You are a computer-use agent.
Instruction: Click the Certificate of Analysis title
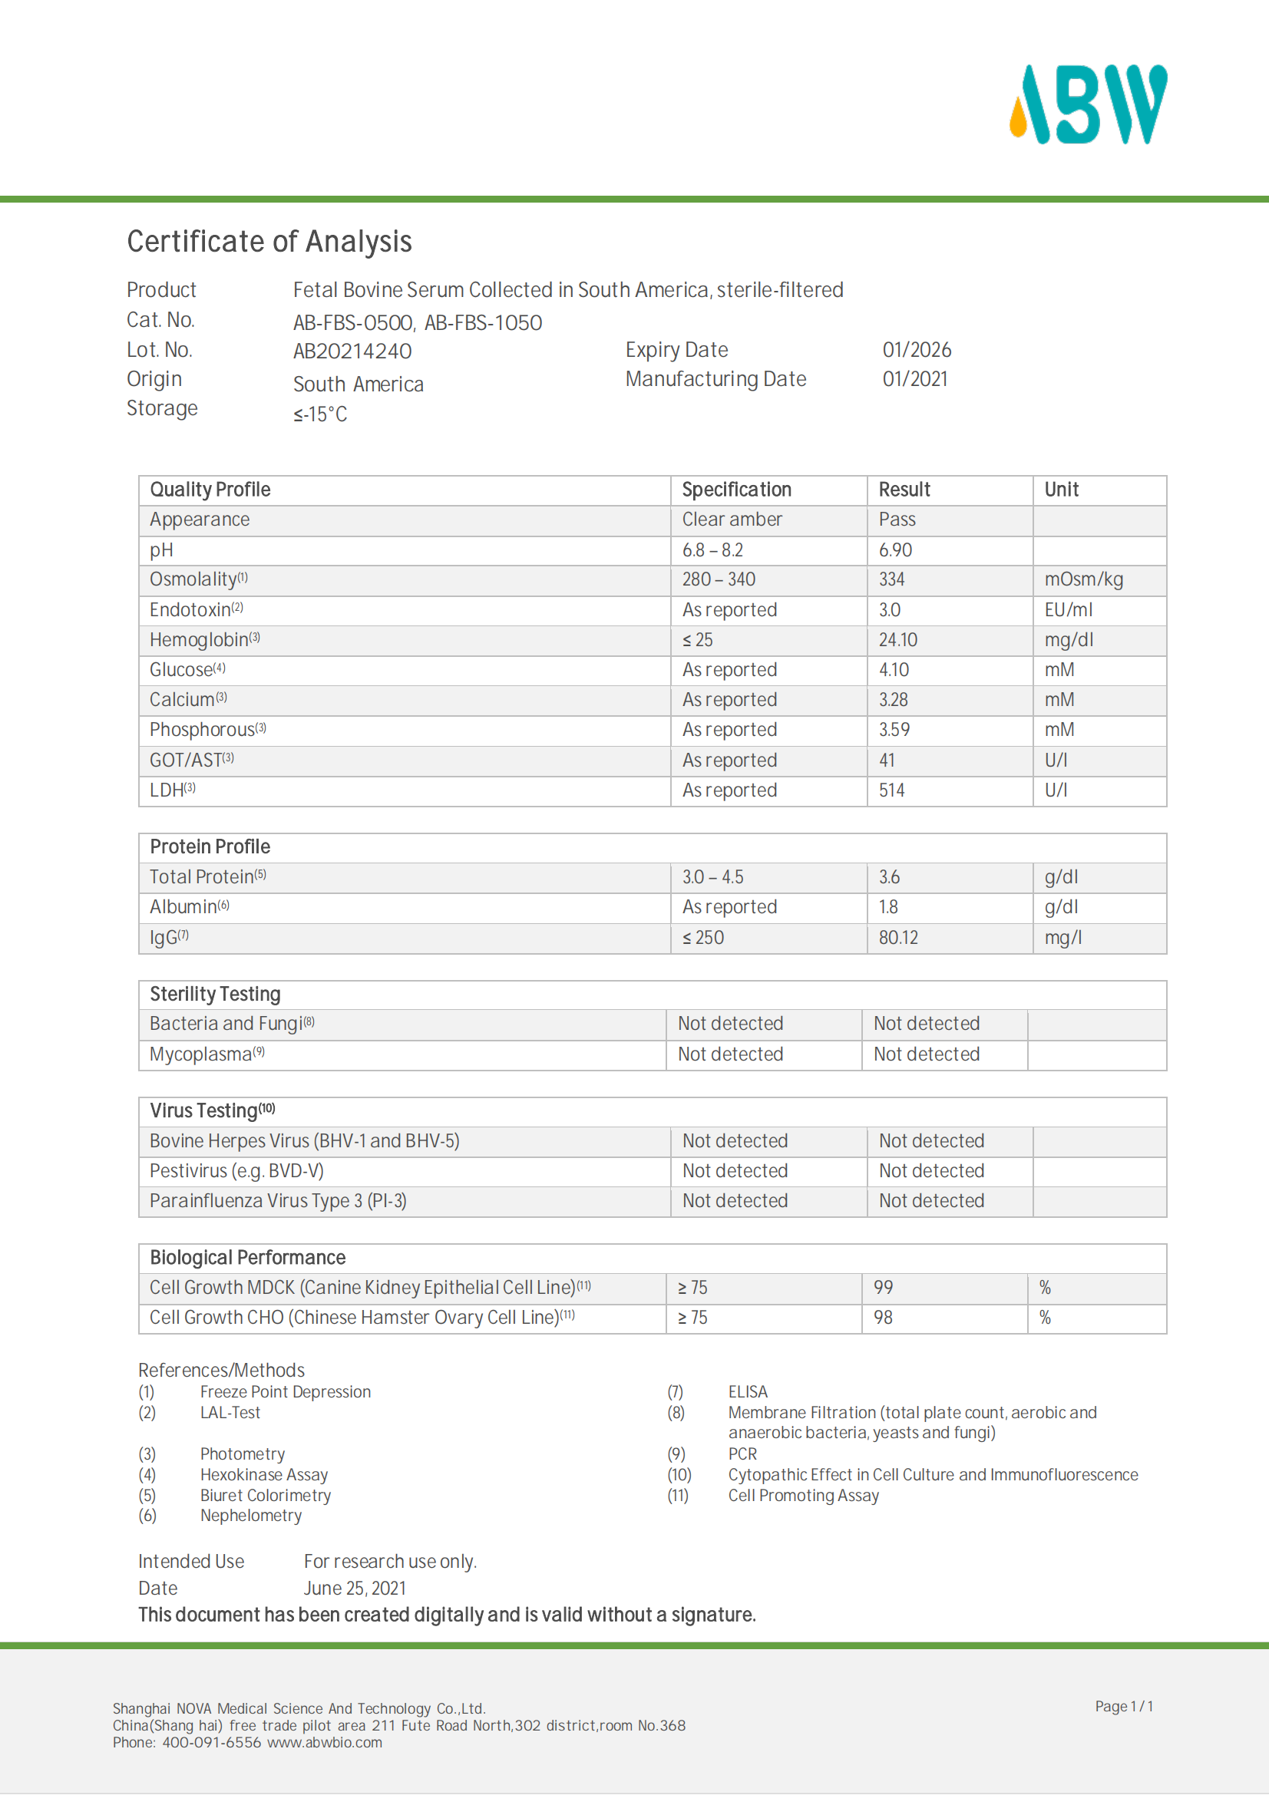tap(269, 242)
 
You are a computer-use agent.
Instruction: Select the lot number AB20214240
tap(352, 351)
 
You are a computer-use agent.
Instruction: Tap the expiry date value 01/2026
tap(917, 349)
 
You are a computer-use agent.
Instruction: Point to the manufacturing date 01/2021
tap(915, 379)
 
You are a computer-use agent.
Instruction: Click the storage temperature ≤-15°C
tap(320, 414)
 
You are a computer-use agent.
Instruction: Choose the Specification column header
tap(736, 490)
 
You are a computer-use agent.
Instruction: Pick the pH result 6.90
tap(895, 550)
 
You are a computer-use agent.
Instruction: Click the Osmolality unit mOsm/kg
tap(1083, 579)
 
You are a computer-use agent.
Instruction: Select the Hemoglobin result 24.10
tap(897, 640)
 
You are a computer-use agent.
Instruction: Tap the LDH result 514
tap(891, 790)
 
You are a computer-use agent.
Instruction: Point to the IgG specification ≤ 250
tap(703, 937)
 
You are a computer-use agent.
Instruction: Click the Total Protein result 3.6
tap(889, 877)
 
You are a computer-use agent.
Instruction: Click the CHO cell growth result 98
tap(883, 1318)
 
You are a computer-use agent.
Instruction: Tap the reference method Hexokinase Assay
tap(263, 1474)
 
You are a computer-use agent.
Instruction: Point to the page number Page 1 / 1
tap(1124, 1706)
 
